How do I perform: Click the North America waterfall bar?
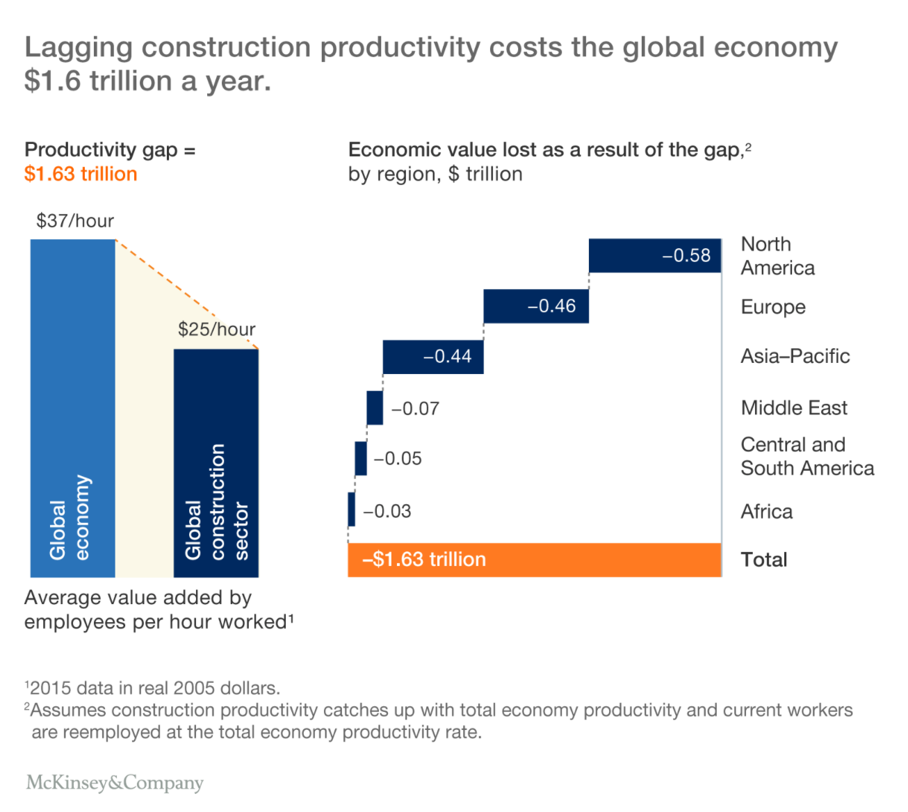654,255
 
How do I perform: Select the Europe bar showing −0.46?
535,306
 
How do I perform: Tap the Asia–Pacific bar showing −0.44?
432,357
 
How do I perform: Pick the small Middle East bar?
375,407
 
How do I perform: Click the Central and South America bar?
361,458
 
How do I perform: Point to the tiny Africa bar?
352,510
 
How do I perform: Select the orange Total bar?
534,560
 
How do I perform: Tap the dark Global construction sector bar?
216,462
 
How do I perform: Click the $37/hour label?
75,221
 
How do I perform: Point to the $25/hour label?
216,329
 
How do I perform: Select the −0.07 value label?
415,409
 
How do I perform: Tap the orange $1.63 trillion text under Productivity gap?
81,174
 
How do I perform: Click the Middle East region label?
794,408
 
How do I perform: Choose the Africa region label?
766,512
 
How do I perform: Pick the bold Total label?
764,560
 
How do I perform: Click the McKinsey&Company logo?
115,783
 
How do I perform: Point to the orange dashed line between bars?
186,294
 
